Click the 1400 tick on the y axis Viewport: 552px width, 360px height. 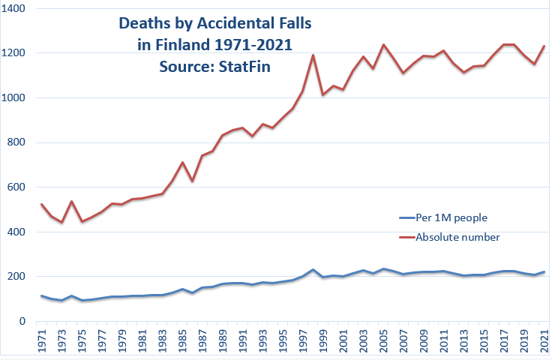pos(14,9)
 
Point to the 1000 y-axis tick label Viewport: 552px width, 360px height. pos(14,98)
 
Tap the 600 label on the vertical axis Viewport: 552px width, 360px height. pos(16,187)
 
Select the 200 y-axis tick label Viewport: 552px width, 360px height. pos(16,277)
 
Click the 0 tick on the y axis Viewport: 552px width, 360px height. pos(22,321)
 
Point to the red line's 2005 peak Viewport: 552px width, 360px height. pos(383,45)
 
